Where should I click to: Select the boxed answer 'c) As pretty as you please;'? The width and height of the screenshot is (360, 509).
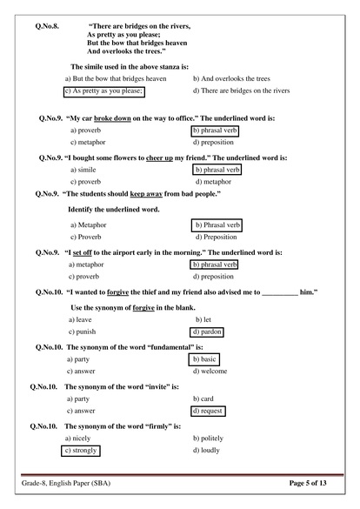coord(104,90)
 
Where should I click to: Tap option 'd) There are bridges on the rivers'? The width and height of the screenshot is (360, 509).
coord(241,90)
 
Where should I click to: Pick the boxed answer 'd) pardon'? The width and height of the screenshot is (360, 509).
coord(207,332)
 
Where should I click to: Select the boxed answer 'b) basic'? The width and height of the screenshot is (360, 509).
coord(204,358)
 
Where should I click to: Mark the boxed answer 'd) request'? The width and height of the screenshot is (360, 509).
coord(207,411)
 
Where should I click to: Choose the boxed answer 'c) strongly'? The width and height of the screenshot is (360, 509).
coord(81,451)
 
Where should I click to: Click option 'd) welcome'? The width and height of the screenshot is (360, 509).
coord(210,372)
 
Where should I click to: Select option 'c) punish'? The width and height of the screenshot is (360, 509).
coord(85,332)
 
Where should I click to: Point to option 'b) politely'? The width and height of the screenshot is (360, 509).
coord(210,438)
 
